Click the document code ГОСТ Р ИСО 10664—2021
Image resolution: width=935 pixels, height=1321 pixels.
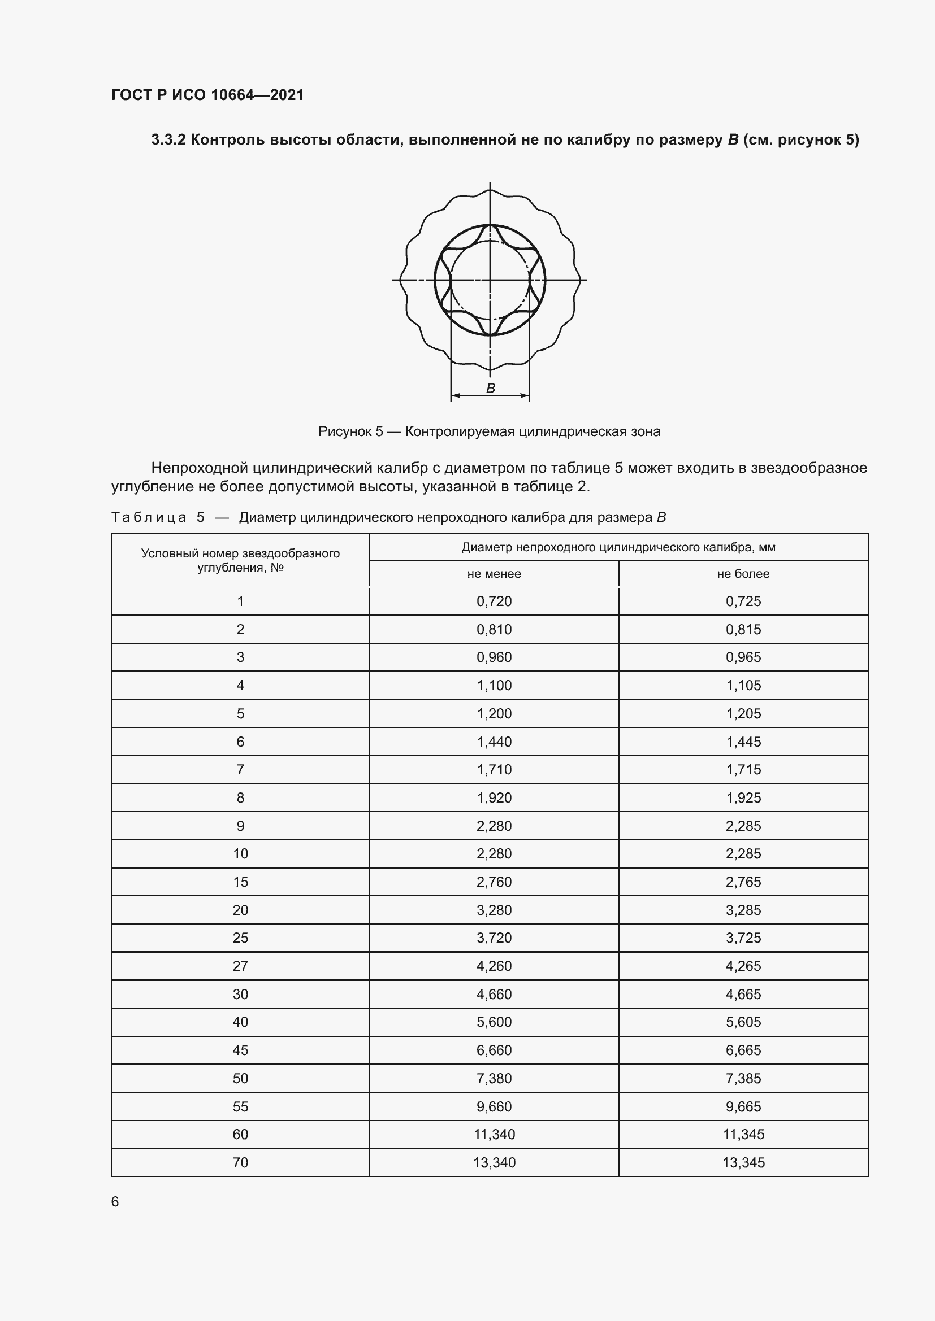pos(207,95)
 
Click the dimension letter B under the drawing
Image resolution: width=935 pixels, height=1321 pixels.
pos(491,389)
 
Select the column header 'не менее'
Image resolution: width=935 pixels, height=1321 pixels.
pos(494,574)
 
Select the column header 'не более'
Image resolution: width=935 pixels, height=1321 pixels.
pos(743,574)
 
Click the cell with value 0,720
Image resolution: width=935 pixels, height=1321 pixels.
pos(494,601)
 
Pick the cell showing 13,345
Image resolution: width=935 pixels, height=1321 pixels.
pos(743,1162)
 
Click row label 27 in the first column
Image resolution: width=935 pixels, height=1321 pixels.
pos(240,966)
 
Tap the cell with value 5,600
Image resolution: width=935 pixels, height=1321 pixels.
pos(494,1022)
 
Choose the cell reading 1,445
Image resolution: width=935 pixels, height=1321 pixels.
pos(743,742)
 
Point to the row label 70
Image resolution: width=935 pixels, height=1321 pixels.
pos(240,1162)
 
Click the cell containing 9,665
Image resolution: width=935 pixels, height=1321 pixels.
pos(743,1106)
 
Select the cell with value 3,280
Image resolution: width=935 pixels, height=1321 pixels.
pos(494,910)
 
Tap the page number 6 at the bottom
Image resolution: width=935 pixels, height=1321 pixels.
pos(115,1201)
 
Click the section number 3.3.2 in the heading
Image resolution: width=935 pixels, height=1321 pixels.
pos(168,140)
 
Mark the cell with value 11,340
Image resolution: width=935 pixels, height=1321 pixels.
pos(494,1134)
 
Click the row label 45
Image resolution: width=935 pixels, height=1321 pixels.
pos(240,1050)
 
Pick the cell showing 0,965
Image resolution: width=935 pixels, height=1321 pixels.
pos(743,657)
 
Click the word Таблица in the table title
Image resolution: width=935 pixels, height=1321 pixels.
pos(149,517)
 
